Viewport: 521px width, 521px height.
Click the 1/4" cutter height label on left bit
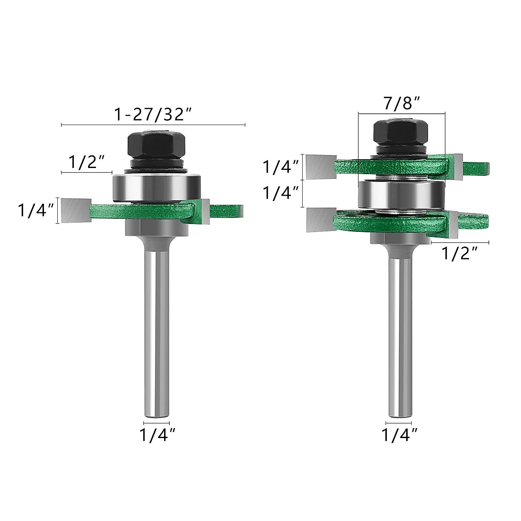coord(36,211)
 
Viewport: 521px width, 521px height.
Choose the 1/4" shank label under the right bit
coord(400,434)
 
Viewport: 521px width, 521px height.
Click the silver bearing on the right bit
coord(402,195)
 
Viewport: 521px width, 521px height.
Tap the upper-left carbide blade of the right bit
coord(320,167)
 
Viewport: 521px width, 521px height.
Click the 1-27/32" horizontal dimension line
coord(153,125)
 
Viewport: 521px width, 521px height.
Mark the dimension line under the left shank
coord(156,422)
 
